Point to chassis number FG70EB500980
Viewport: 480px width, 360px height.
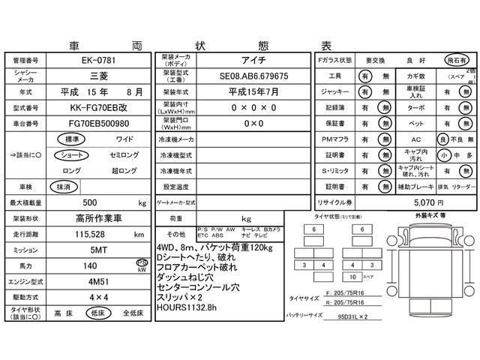pyautogui.click(x=98, y=123)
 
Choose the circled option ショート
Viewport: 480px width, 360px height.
pyautogui.click(x=71, y=154)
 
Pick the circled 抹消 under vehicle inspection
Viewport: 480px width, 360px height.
pyautogui.click(x=63, y=186)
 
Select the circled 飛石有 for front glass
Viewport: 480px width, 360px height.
pyautogui.click(x=453, y=59)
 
